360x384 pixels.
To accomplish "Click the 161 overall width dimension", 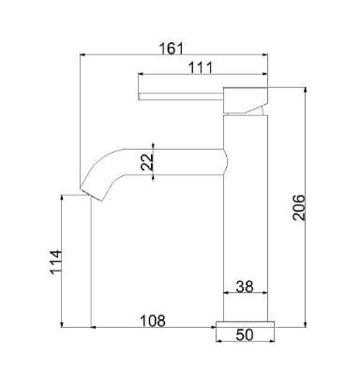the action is pyautogui.click(x=171, y=49).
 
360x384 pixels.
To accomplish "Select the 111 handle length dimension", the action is pyautogui.click(x=201, y=67).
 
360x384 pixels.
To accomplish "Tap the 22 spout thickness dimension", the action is pyautogui.click(x=147, y=161).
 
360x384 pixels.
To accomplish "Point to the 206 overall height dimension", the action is pyautogui.click(x=299, y=207).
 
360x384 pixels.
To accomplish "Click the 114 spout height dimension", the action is pyautogui.click(x=56, y=261).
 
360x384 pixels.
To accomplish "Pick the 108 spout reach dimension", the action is pyautogui.click(x=152, y=320).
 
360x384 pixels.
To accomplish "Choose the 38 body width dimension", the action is pyautogui.click(x=245, y=287).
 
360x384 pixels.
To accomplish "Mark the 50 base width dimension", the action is pyautogui.click(x=245, y=335).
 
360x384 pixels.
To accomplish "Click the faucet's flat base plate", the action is pyautogui.click(x=245, y=324).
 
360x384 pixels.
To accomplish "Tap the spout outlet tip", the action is pyautogui.click(x=91, y=194).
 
